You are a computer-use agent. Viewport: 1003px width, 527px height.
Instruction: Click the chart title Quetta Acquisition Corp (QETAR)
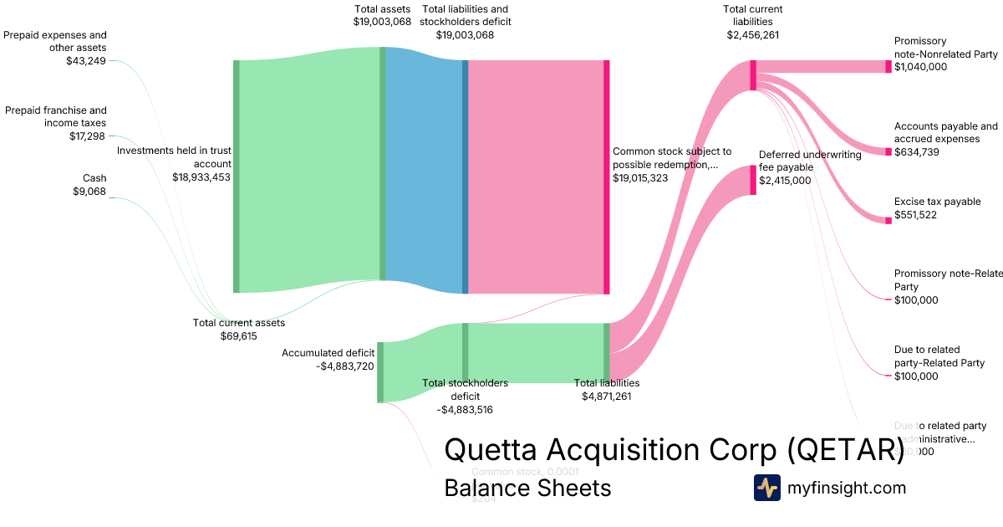coord(673,450)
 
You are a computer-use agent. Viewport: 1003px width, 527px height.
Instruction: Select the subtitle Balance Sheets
coord(527,488)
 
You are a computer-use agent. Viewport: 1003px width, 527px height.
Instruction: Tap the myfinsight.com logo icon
coord(766,488)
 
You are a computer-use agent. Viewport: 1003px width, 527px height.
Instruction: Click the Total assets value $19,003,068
coord(382,23)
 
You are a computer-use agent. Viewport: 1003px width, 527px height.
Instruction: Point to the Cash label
coord(94,178)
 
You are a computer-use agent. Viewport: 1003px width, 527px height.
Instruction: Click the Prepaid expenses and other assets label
coord(55,42)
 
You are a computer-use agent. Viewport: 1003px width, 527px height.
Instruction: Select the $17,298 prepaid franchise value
coord(88,136)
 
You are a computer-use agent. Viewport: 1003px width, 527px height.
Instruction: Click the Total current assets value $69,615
coord(239,336)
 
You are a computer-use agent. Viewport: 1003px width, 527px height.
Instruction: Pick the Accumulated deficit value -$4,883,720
coord(346,366)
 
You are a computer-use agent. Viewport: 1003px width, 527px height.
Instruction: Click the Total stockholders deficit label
coord(465,389)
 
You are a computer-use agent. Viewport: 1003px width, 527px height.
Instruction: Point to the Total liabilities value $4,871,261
coord(607,397)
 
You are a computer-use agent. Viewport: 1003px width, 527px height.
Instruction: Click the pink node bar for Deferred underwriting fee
coord(753,180)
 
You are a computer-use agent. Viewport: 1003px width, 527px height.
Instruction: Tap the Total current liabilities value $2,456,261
coord(753,35)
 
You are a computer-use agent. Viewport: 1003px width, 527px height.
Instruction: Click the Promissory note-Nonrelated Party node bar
coord(888,67)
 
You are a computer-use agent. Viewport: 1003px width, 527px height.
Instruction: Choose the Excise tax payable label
coord(937,202)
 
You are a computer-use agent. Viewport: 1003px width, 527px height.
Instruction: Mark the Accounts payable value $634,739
coord(920,152)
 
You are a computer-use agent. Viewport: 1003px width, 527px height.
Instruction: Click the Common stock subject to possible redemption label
coord(672,158)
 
